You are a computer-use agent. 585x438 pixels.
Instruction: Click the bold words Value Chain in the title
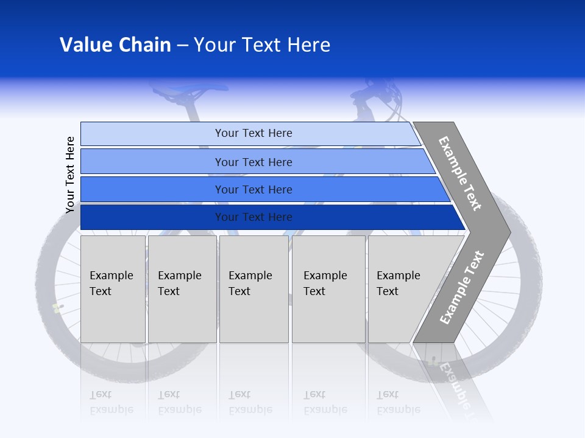(115, 45)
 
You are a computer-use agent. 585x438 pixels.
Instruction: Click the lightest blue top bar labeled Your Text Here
(253, 133)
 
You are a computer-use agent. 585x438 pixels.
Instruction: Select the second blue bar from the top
(253, 162)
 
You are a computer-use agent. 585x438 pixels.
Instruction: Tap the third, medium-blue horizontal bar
(253, 189)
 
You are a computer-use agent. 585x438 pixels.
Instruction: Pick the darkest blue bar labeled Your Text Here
(253, 217)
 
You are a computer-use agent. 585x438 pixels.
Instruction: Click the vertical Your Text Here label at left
(71, 175)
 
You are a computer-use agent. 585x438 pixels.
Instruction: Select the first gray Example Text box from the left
(113, 289)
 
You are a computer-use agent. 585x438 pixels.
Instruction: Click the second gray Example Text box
(182, 289)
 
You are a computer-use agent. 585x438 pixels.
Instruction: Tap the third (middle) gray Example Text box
(253, 289)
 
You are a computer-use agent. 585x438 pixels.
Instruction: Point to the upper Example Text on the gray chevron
(460, 173)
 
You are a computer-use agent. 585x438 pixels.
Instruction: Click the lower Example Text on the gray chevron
(461, 287)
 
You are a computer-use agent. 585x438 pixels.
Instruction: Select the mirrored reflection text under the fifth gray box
(399, 402)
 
